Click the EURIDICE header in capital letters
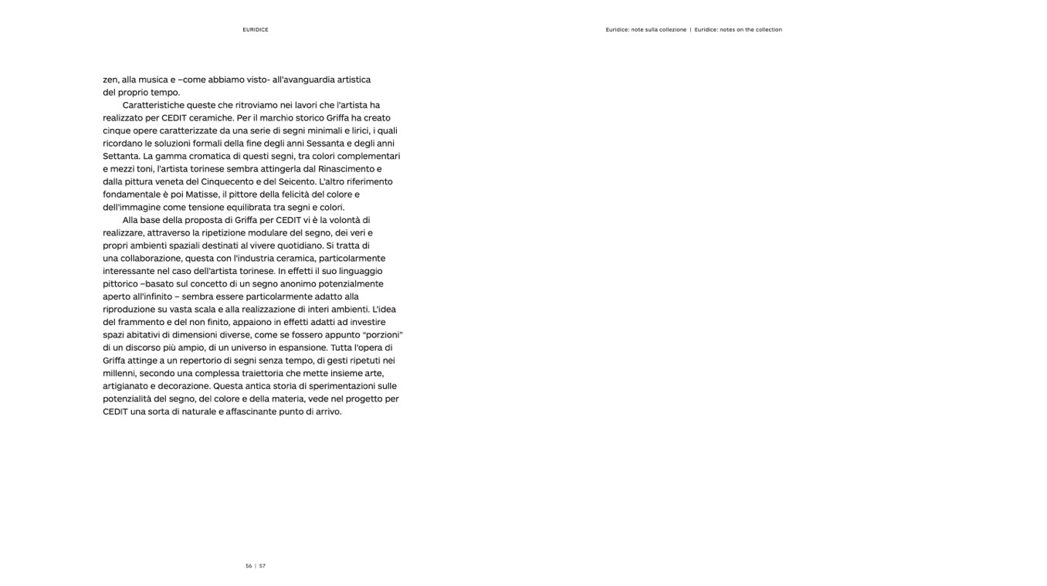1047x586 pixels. click(255, 30)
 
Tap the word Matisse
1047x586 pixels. click(202, 195)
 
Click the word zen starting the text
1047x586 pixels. click(110, 80)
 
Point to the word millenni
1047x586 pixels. click(120, 373)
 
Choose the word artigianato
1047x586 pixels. click(127, 386)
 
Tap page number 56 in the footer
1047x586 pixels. click(249, 566)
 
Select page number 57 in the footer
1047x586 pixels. click(263, 566)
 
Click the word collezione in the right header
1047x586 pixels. click(672, 30)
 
